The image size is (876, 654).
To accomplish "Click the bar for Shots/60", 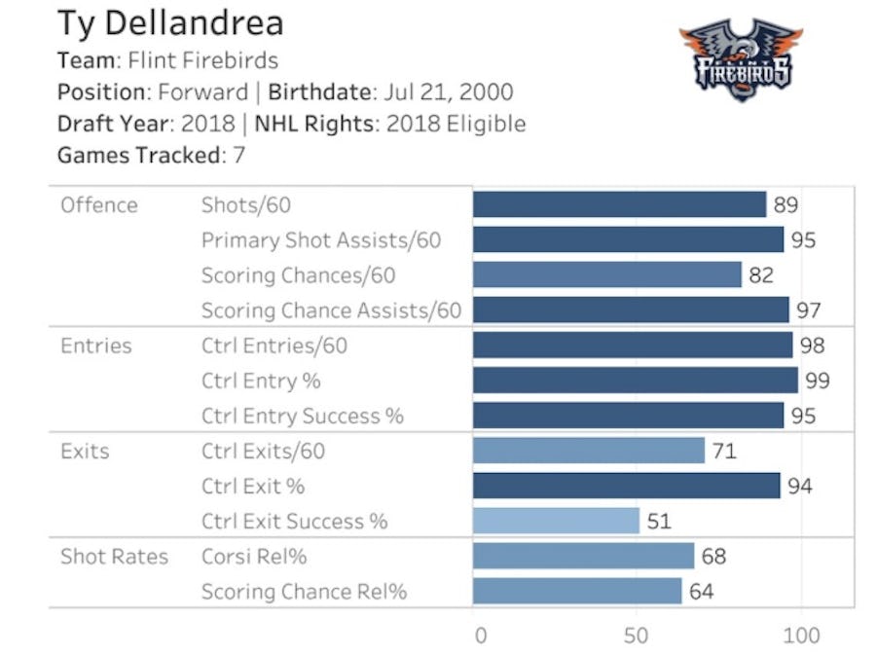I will [x=619, y=204].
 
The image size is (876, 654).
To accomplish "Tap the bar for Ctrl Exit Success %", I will [x=556, y=521].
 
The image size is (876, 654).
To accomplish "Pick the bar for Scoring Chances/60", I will [x=606, y=275].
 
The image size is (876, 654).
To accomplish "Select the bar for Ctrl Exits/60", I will [x=588, y=451].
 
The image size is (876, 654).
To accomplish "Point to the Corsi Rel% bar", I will [x=583, y=557].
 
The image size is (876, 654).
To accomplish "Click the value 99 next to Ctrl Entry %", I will [x=818, y=381].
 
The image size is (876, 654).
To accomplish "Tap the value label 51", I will [x=659, y=521].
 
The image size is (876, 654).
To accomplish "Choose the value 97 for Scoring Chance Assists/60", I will [x=809, y=310].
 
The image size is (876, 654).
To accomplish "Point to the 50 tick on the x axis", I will [x=637, y=636].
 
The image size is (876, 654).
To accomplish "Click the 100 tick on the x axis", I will [x=801, y=636].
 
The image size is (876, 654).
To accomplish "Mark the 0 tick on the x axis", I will [x=480, y=636].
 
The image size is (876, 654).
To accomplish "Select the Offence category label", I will [x=99, y=205].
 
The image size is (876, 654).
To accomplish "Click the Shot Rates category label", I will [x=114, y=557].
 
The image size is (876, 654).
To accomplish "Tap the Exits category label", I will [x=85, y=451].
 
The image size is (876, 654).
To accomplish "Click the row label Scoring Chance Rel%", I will [x=304, y=592].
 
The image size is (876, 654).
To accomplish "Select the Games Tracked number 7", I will [x=238, y=155].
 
